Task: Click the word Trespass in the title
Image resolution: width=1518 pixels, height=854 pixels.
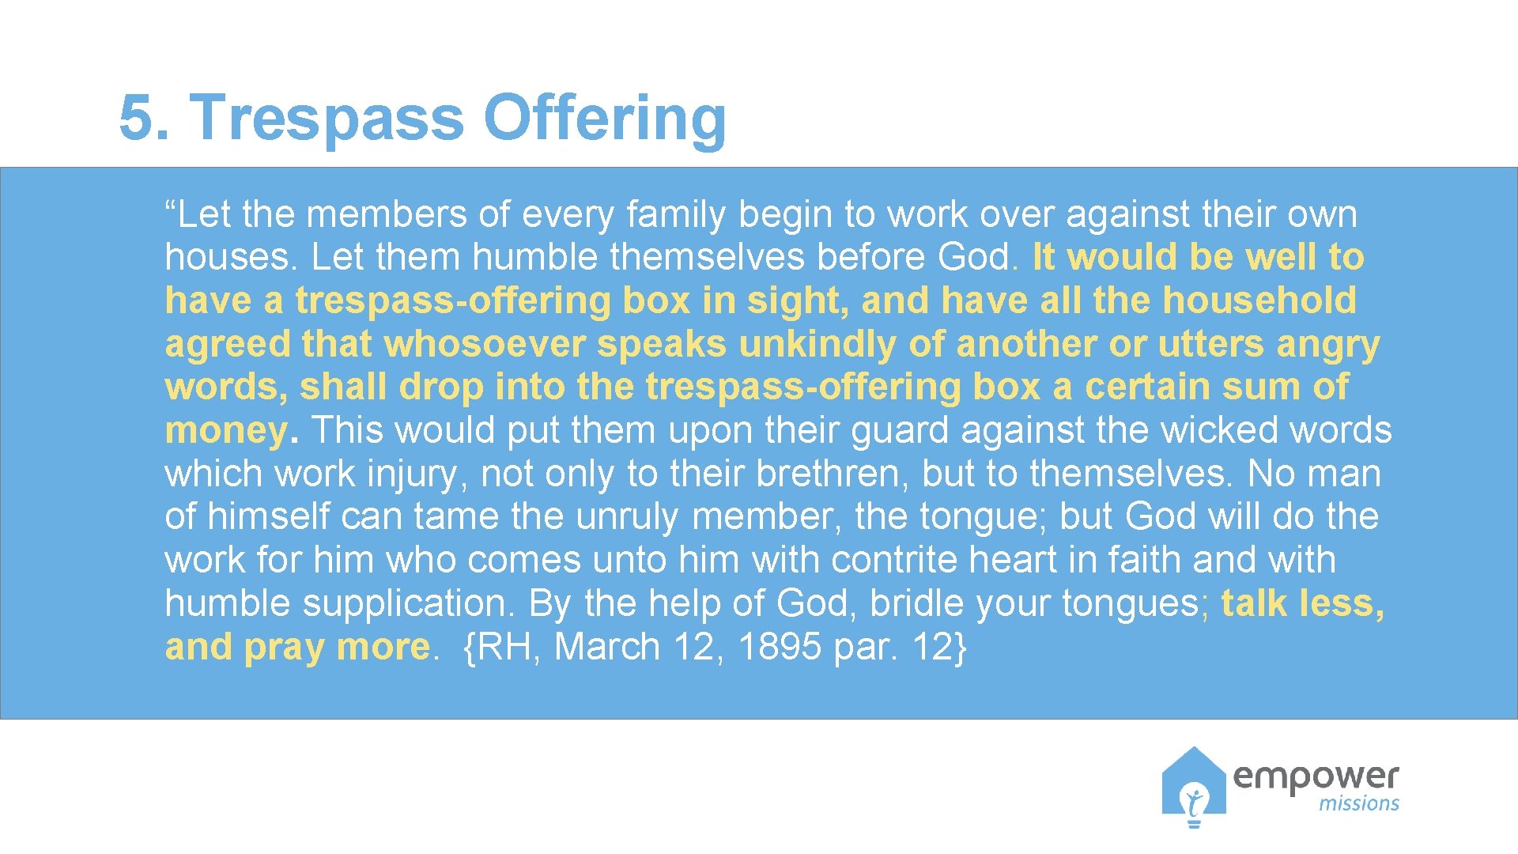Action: tap(327, 118)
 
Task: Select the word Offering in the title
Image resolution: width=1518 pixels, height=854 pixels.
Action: tap(604, 118)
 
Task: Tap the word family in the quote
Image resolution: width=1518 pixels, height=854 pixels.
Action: tap(675, 215)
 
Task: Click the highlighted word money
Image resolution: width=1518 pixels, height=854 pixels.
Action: tap(226, 431)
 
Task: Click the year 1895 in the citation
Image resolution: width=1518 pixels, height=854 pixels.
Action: tap(779, 648)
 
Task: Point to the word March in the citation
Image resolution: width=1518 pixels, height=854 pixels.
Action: tap(606, 648)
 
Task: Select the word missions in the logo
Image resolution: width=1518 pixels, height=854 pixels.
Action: tap(1358, 804)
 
